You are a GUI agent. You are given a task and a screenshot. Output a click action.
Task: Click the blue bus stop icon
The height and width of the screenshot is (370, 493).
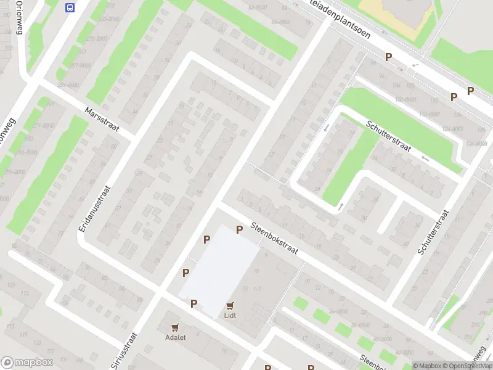coord(70,7)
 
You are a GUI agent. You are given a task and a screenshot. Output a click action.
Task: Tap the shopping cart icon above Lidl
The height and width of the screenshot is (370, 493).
coord(230,305)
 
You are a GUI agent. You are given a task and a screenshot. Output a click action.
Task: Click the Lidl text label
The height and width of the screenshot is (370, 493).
coord(230,316)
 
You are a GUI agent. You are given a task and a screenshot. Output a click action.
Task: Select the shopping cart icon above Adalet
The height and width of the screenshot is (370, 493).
coord(176,327)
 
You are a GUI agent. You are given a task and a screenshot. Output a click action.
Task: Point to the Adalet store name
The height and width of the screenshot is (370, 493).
coord(176,337)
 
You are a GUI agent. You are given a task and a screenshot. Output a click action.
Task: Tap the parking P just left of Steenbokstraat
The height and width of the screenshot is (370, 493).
coord(239,230)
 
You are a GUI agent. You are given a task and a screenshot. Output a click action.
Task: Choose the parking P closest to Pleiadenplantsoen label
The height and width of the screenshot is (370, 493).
coord(389,57)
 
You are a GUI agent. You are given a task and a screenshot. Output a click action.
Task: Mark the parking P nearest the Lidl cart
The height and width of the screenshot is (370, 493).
coord(194,303)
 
